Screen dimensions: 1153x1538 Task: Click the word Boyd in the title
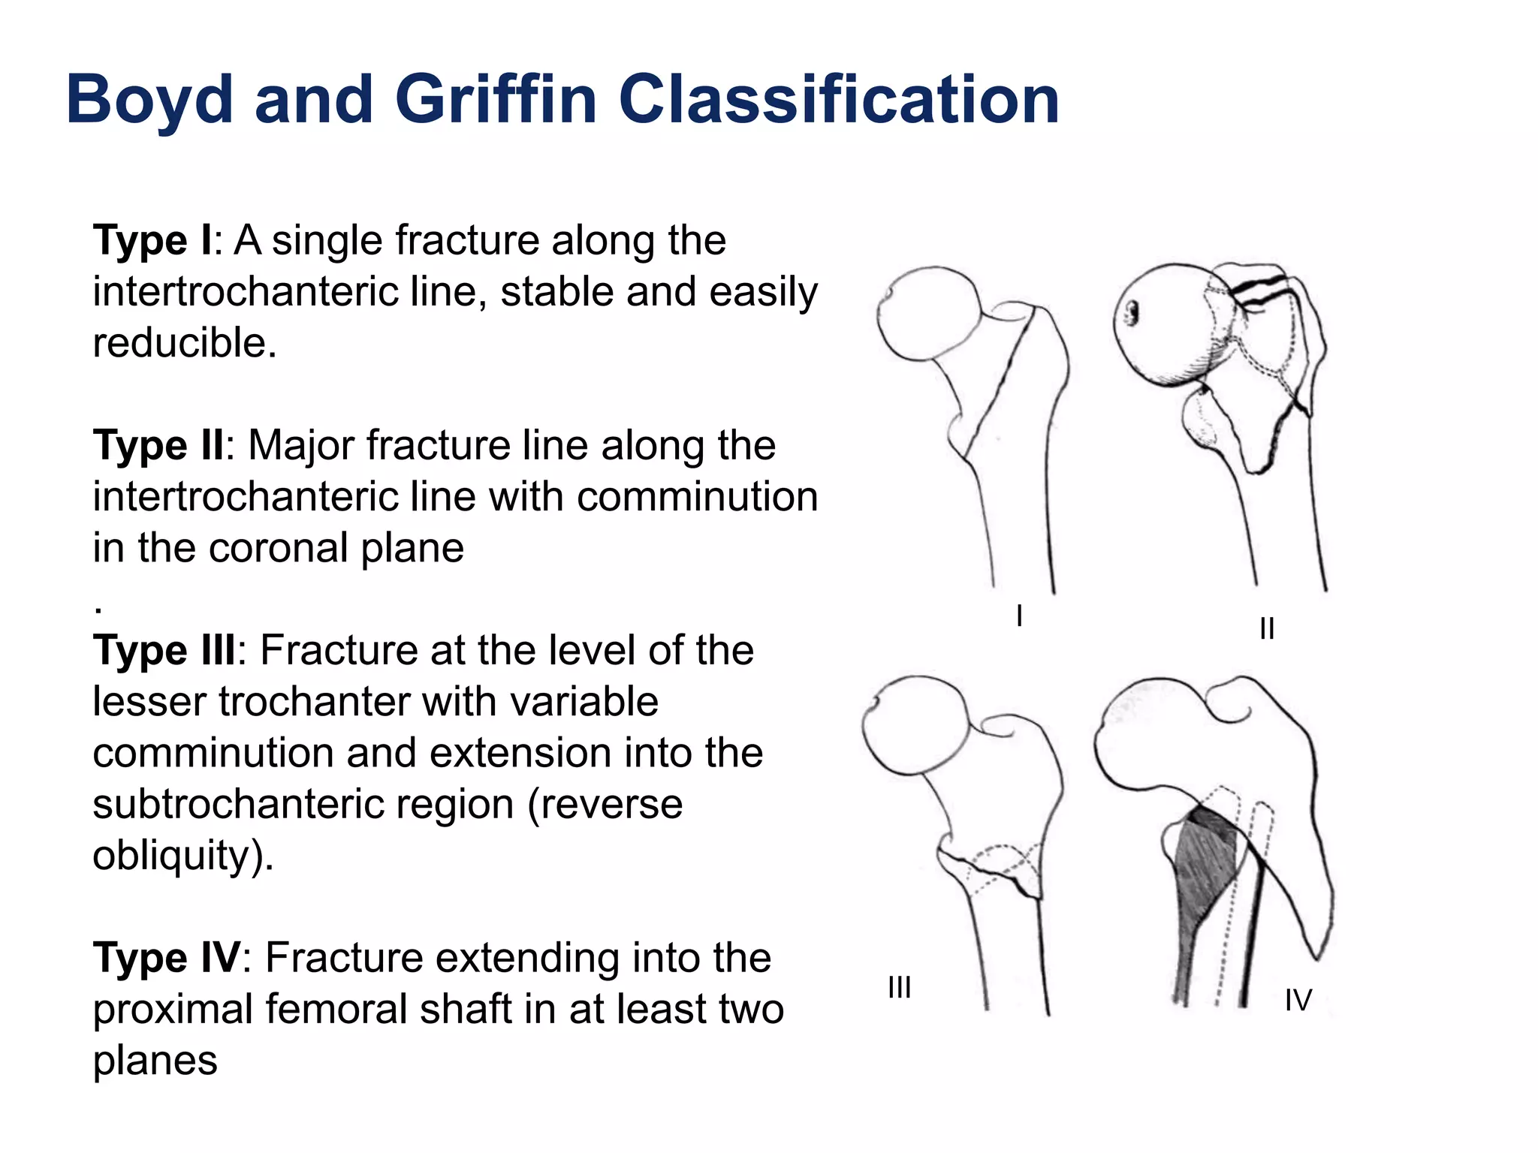click(149, 100)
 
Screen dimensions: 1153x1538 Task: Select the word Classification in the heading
click(838, 100)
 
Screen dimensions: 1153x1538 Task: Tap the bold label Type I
click(152, 241)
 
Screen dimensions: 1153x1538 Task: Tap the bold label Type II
click(158, 446)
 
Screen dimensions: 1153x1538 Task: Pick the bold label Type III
click(164, 651)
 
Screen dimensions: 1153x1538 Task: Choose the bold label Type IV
click(166, 959)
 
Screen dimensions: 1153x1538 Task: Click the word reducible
click(184, 344)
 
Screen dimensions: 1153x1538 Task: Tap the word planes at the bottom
click(155, 1061)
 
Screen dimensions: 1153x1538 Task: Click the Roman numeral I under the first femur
click(1019, 616)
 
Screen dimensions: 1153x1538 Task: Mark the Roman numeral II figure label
click(1267, 629)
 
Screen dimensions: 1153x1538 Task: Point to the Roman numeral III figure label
click(899, 988)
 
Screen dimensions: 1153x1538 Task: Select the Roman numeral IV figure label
click(1298, 1001)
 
